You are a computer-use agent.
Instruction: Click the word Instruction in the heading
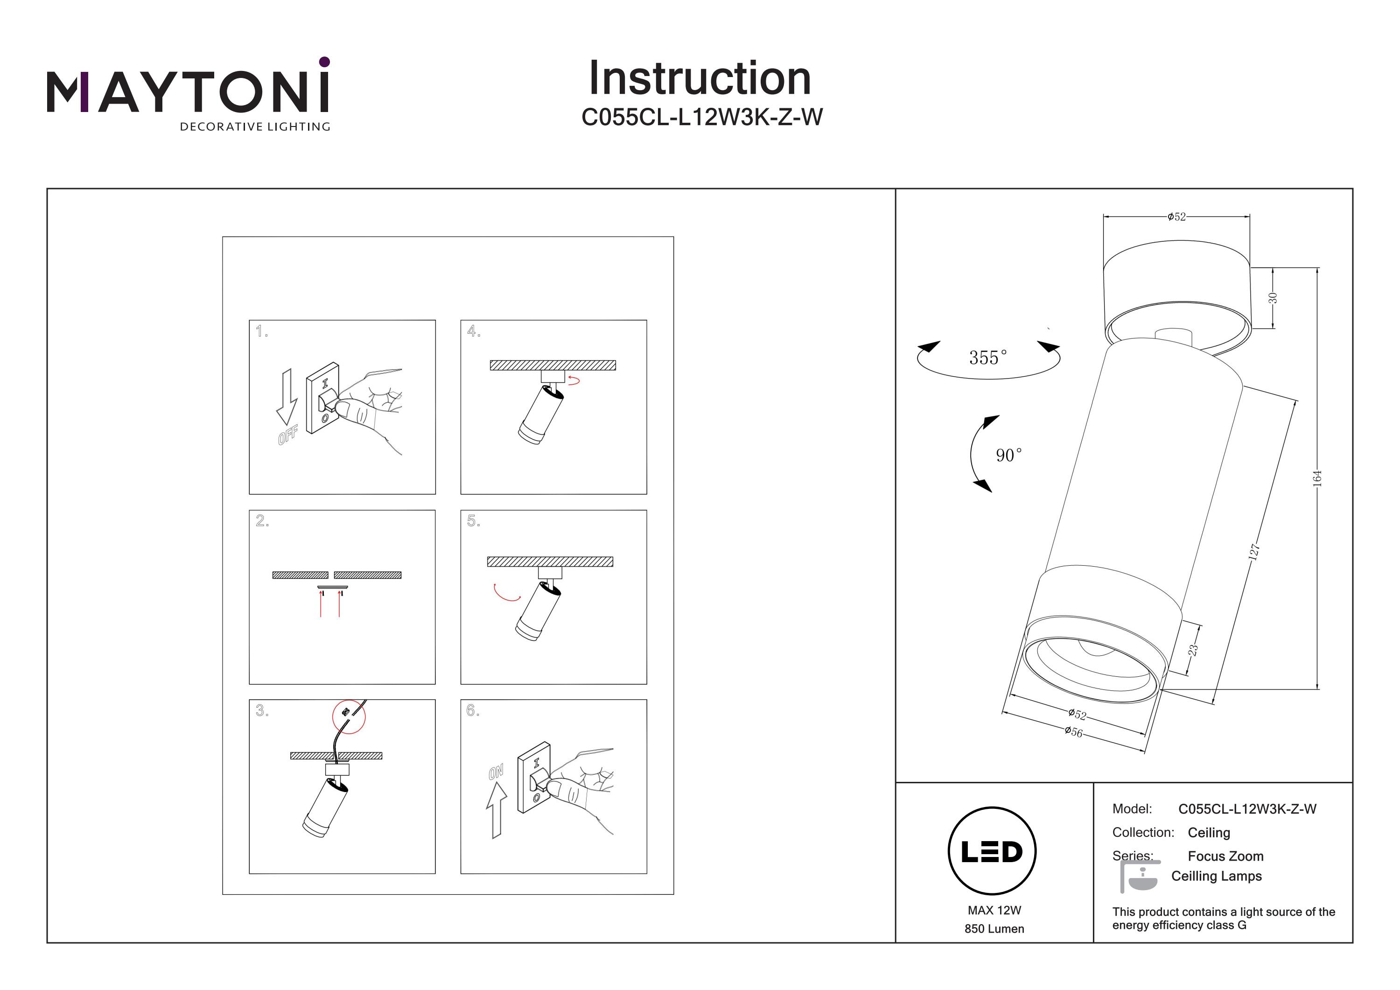pos(700,79)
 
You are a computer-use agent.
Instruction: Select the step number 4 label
pos(473,331)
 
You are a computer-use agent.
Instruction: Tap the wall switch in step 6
pos(534,778)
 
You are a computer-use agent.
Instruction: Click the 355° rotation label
pos(988,358)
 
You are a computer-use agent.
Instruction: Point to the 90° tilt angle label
pos(1008,455)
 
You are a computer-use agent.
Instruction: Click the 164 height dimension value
pos(1317,477)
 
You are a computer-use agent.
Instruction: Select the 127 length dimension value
pos(1253,551)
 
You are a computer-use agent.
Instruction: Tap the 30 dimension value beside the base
pos(1273,298)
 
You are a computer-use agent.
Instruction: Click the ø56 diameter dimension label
pos(1073,731)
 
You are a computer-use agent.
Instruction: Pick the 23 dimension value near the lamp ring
pos(1193,650)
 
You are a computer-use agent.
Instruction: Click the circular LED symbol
pos(992,851)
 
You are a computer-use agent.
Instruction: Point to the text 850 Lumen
pos(994,929)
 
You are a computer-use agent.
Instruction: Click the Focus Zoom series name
pos(1225,857)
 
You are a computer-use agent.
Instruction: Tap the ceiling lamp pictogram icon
pos(1139,877)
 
